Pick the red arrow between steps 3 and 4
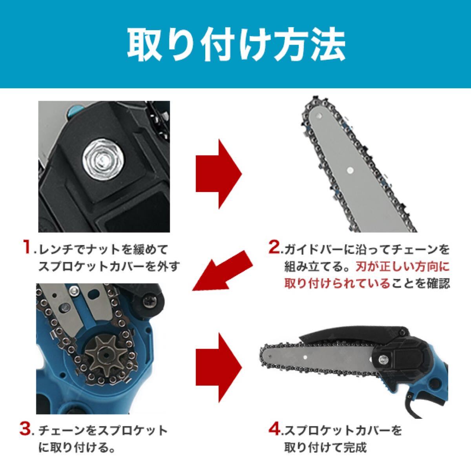point(219,361)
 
